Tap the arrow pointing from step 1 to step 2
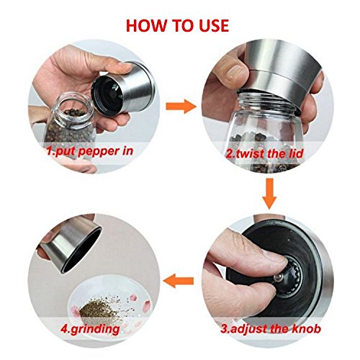181,107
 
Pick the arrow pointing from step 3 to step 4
178,280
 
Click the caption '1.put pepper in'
89,152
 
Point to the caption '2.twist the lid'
264,153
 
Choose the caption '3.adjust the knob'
271,328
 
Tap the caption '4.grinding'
90,329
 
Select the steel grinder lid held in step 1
122,89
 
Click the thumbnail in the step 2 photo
235,72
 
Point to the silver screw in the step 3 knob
278,277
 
